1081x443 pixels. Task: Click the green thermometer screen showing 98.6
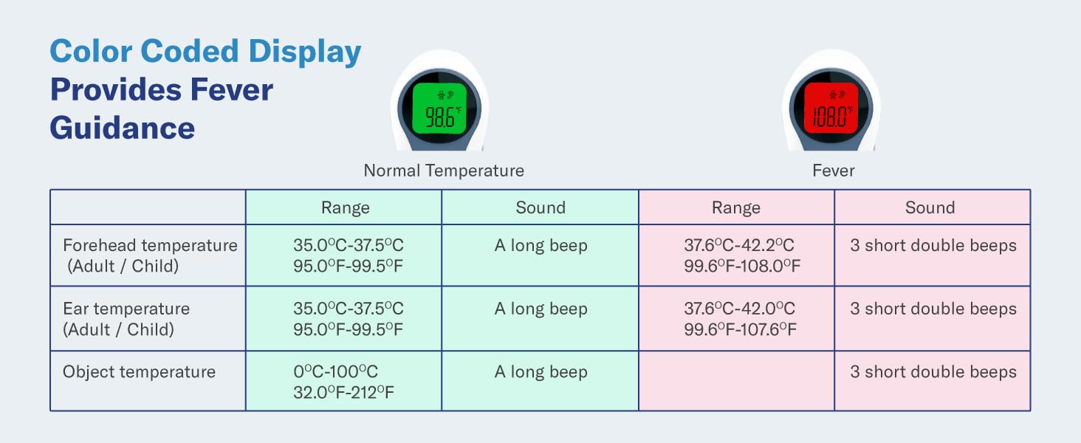(x=439, y=108)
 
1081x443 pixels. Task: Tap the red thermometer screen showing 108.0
(x=831, y=108)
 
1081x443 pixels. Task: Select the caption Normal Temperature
(x=443, y=171)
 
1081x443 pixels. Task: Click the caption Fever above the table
(x=833, y=171)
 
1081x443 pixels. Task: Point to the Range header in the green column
(x=345, y=207)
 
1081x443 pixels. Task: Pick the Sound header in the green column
(x=540, y=207)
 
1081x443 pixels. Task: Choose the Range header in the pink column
(x=736, y=207)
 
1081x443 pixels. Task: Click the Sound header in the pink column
(x=930, y=207)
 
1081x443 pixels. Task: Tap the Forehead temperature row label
(x=150, y=255)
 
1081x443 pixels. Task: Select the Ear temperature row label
(x=126, y=319)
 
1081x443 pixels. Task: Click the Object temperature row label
(x=139, y=372)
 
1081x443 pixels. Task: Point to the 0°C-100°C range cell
(x=343, y=382)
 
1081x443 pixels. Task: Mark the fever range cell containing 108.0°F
(x=741, y=255)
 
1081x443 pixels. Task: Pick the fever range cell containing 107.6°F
(x=740, y=319)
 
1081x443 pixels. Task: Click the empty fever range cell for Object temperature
(x=736, y=381)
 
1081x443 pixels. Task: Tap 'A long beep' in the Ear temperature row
(x=540, y=309)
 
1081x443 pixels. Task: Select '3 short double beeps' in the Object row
(x=933, y=372)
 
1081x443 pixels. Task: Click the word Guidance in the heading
(x=123, y=128)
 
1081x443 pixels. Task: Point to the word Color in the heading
(x=90, y=52)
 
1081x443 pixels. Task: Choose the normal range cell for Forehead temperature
(x=349, y=255)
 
